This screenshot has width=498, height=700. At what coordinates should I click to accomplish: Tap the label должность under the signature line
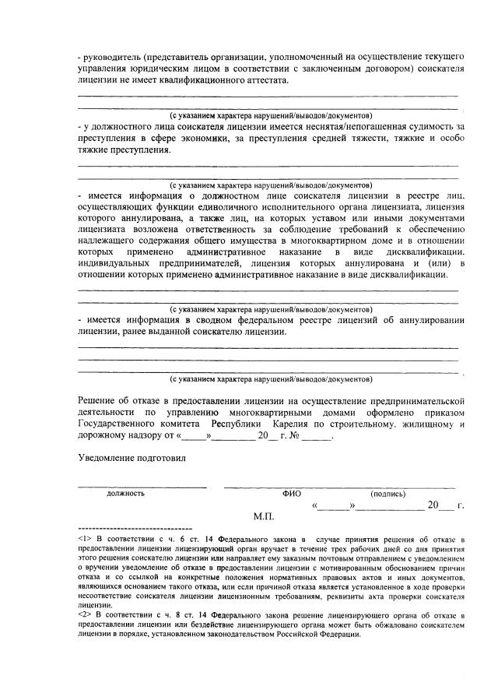click(125, 493)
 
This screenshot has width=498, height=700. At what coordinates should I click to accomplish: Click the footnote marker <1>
click(86, 539)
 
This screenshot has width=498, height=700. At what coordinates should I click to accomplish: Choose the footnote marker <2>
click(86, 614)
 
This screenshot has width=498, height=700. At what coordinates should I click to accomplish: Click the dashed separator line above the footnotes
click(130, 529)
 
